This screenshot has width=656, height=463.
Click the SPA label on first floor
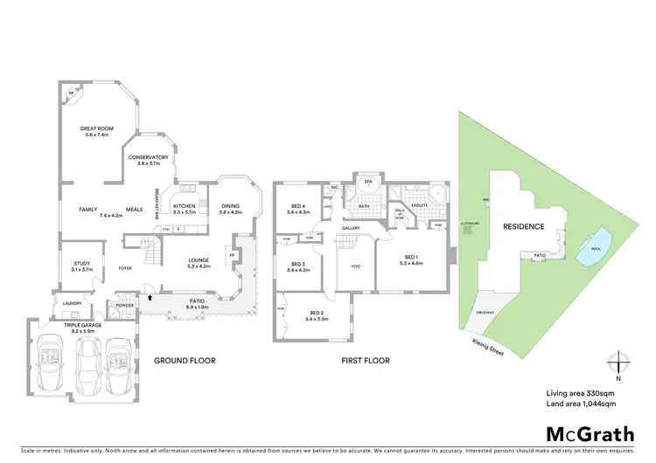(368, 183)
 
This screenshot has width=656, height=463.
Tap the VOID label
(356, 266)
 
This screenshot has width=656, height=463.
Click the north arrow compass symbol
(618, 362)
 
